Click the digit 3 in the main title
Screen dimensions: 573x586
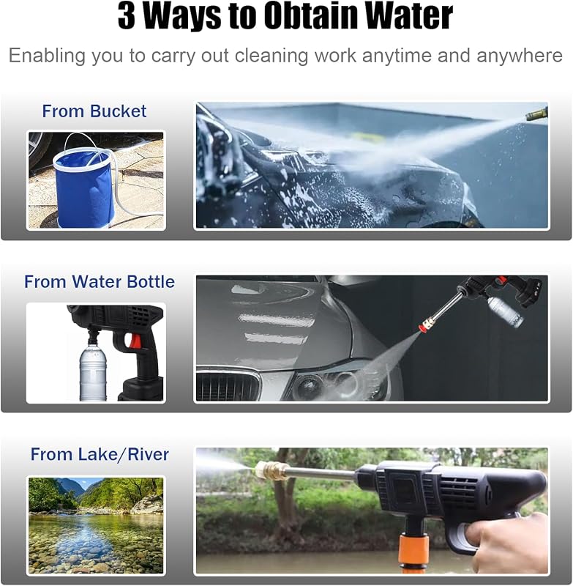pos(126,16)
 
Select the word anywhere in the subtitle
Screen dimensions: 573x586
pos(520,56)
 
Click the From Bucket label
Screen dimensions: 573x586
pos(94,111)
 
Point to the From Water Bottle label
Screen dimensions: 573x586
pos(100,281)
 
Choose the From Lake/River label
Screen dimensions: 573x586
pos(100,454)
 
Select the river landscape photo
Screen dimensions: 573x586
pos(97,525)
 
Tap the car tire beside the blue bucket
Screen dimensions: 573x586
pos(40,149)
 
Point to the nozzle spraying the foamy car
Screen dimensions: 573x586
pos(537,114)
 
